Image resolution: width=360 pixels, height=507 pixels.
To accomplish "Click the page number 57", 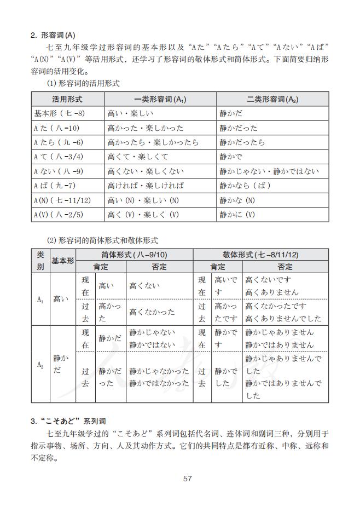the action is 187,479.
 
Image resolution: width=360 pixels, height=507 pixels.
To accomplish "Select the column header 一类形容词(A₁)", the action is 160,99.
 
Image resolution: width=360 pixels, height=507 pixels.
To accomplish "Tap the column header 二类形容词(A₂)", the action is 272,99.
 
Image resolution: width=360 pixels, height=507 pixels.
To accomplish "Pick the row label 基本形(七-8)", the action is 59,113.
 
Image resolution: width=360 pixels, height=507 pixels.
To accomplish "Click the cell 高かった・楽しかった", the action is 146,128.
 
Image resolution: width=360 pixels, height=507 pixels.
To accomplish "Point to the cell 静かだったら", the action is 242,142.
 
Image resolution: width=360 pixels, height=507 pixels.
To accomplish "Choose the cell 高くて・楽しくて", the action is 138,157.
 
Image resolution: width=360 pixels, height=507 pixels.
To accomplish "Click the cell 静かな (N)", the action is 237,200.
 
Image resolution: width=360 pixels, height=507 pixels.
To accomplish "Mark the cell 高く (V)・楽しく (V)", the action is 143,215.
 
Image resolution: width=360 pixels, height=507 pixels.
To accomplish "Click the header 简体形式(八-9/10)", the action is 135,255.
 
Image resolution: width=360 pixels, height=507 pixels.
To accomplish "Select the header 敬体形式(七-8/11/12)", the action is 260,255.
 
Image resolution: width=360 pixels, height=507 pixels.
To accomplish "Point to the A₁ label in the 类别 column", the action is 40,299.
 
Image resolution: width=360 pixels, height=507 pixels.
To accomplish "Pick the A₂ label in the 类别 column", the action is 40,364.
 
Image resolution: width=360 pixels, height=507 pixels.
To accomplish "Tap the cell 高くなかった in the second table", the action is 152,312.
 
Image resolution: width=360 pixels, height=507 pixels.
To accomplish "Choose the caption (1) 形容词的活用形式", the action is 83,83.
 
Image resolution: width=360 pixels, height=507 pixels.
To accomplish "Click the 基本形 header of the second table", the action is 62,261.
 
